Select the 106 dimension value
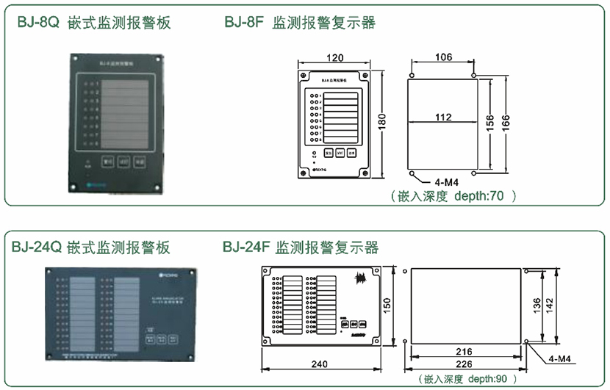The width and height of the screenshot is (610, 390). point(443,57)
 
